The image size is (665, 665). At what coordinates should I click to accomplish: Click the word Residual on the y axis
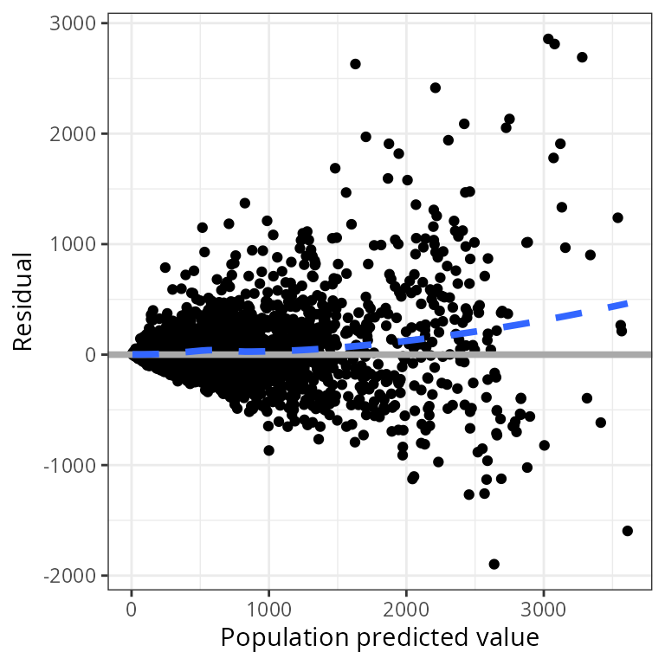point(23,301)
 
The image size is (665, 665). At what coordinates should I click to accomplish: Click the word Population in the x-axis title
point(277,638)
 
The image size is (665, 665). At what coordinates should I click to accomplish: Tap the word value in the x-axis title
point(512,638)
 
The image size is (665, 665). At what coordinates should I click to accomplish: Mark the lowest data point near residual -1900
point(494,564)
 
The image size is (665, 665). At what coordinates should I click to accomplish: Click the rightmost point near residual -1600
point(627,531)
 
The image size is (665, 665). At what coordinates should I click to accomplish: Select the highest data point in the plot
point(548,39)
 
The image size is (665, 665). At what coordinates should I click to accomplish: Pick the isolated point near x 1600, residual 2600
point(355,64)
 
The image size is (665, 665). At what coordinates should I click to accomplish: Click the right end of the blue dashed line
point(626,304)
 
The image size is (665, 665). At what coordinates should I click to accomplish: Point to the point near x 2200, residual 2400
point(435,87)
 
